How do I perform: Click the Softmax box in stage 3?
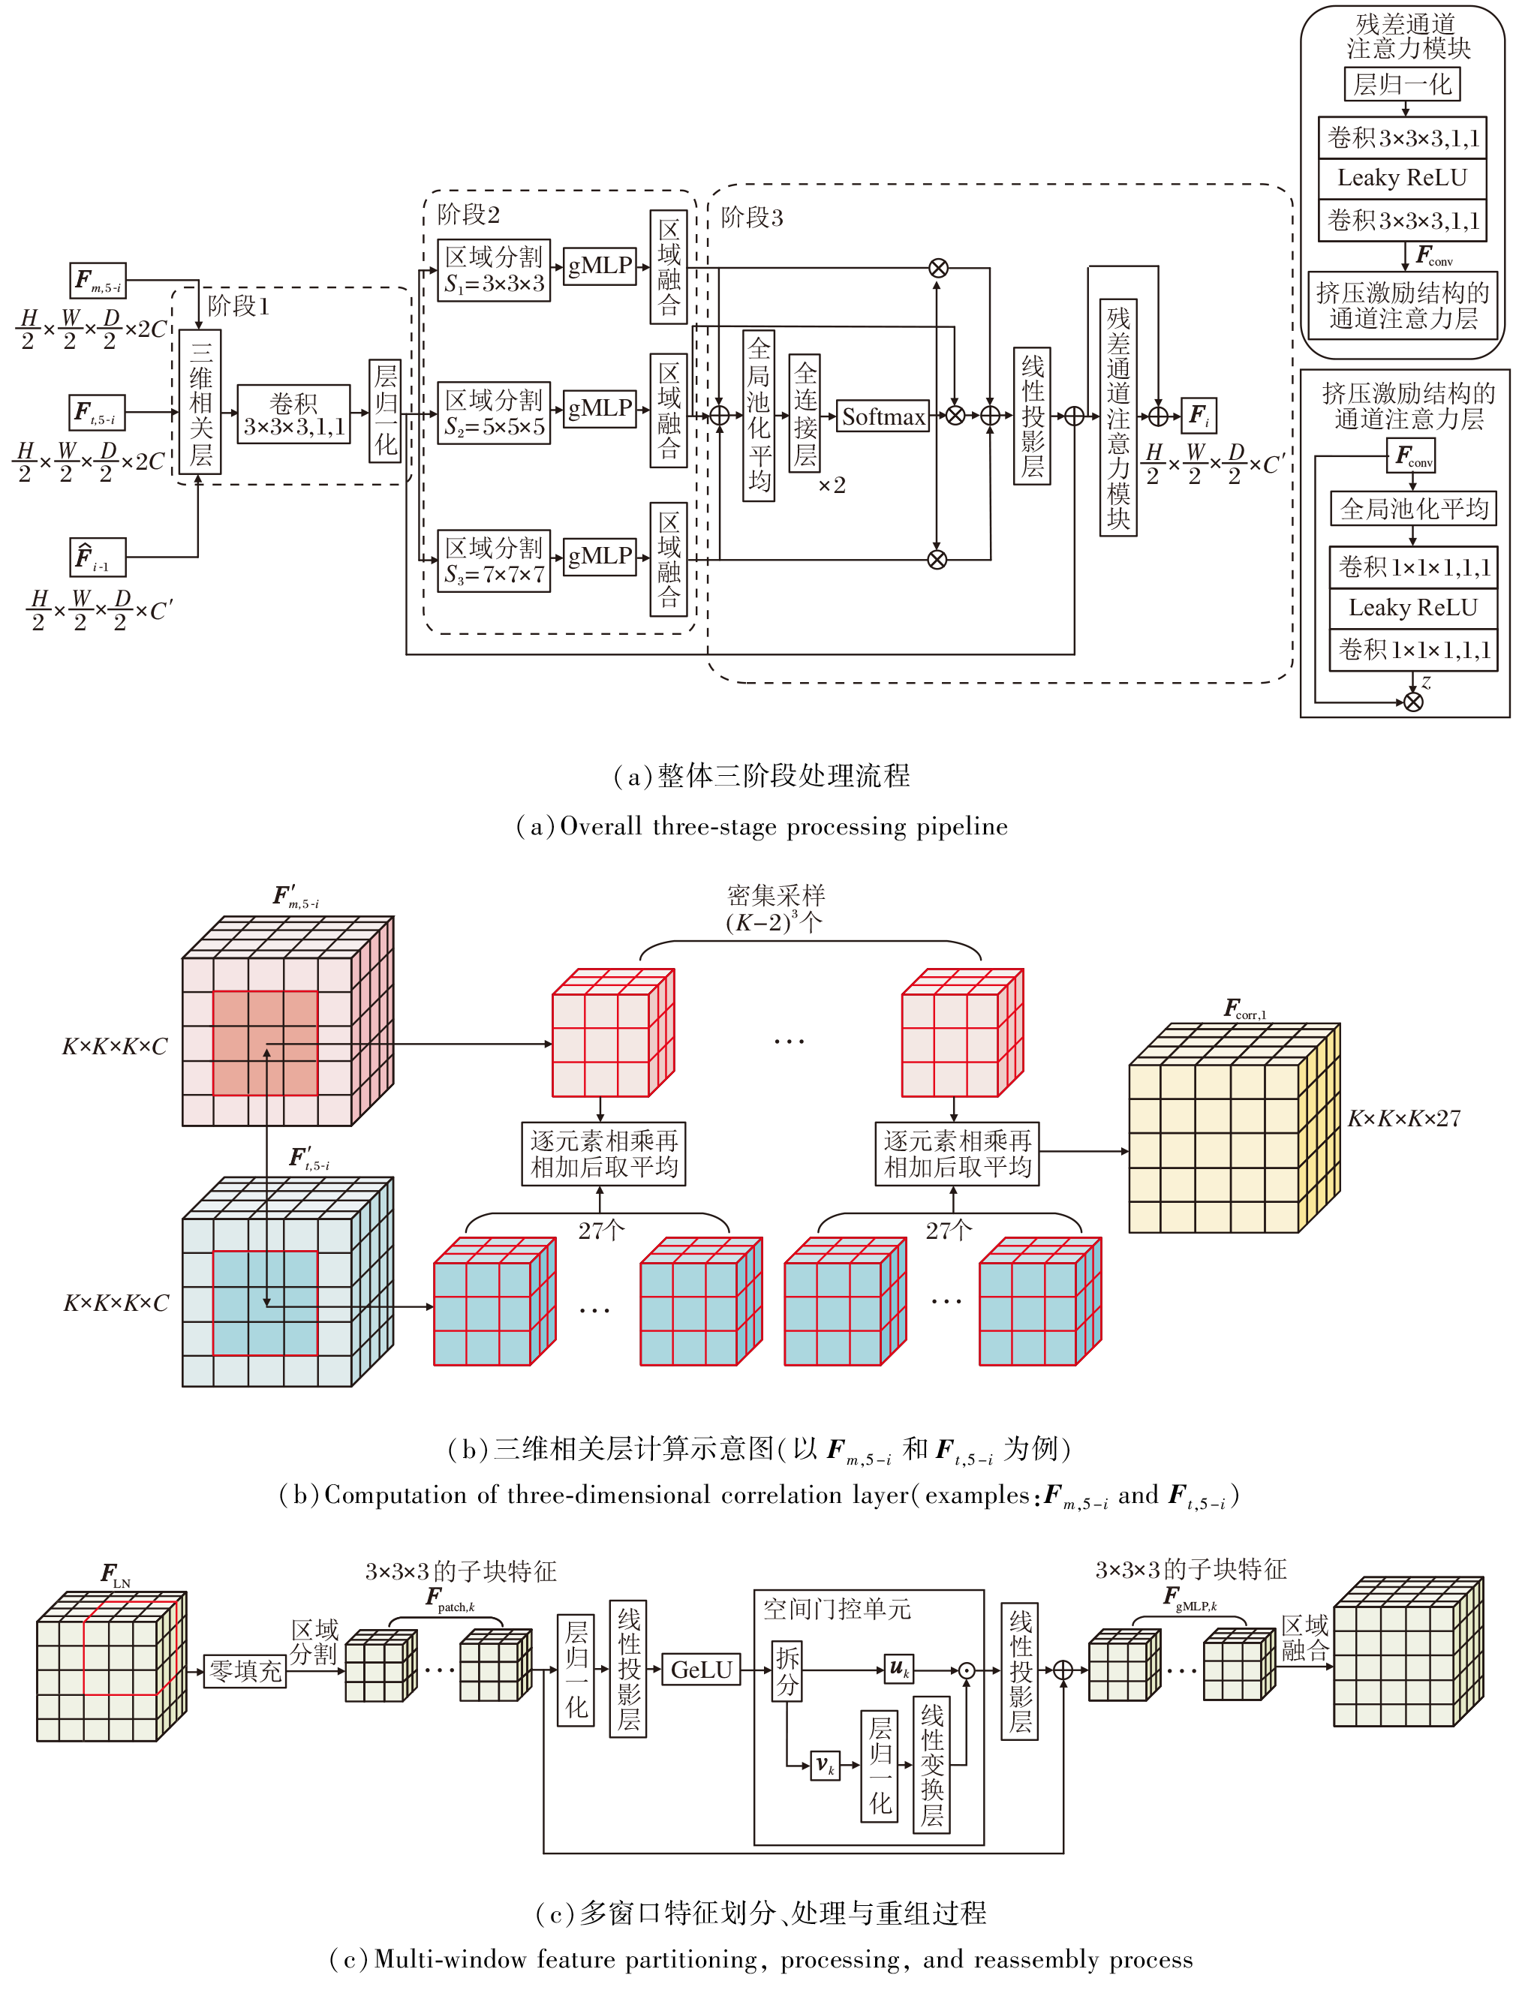point(883,416)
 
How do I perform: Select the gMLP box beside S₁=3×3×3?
point(600,265)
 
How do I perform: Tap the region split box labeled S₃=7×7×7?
point(494,561)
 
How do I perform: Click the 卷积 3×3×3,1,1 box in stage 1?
point(293,413)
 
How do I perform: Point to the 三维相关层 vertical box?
point(200,401)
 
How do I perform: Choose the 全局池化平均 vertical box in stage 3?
point(759,416)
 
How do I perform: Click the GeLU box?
point(702,1670)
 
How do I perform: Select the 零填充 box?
point(245,1670)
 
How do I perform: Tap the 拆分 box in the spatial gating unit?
point(787,1670)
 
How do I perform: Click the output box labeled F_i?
point(1199,416)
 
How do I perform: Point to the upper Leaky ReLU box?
point(1402,178)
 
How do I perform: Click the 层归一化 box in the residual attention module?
point(1402,84)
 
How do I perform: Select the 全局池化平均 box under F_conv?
point(1413,508)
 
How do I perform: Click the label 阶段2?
point(468,214)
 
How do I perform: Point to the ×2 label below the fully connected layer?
point(832,485)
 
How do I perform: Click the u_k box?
point(898,1668)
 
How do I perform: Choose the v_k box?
point(824,1765)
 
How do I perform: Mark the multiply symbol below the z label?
point(1413,702)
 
